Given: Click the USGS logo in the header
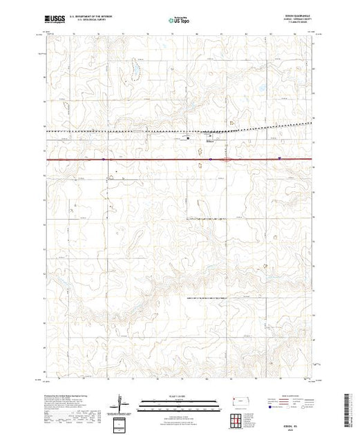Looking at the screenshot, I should point(55,21).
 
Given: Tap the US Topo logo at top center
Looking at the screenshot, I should point(180,21).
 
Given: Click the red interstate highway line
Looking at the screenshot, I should point(138,159).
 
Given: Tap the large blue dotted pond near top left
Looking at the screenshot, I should point(134,70).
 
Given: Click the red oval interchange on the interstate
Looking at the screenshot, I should point(225,159).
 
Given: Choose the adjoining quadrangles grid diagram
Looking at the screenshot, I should point(235,419).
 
